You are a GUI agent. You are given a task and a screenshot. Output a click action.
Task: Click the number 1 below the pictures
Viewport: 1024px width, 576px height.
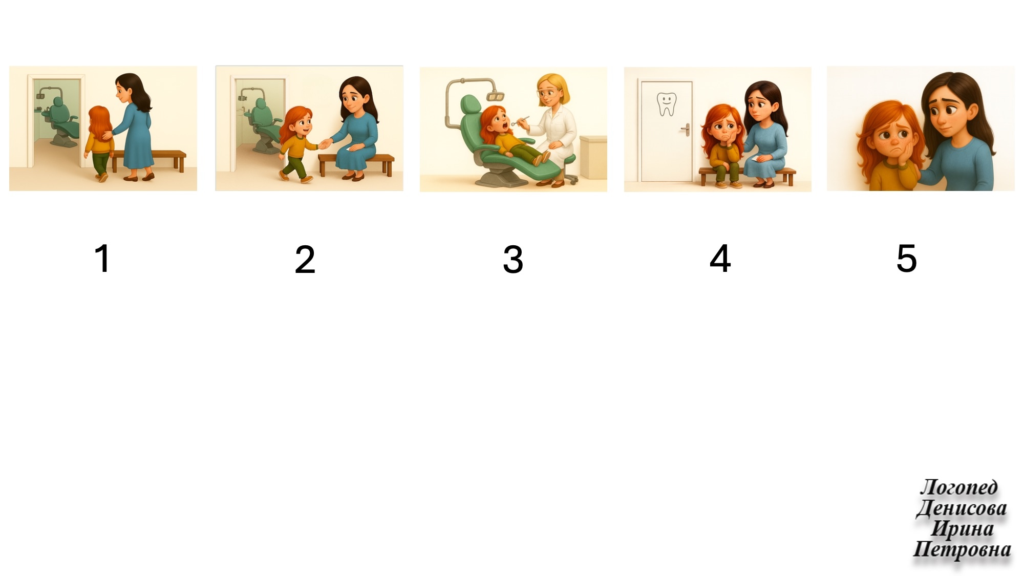click(103, 258)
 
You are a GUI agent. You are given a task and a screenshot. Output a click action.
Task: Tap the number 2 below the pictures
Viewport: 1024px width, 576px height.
click(305, 259)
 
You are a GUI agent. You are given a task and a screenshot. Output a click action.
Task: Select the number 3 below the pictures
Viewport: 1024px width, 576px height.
click(513, 259)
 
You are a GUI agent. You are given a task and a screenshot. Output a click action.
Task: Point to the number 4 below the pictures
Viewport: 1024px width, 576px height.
click(720, 259)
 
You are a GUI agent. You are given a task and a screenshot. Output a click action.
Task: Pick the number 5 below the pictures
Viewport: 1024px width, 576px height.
click(907, 258)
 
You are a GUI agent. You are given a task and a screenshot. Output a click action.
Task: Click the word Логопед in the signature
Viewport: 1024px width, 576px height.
click(959, 487)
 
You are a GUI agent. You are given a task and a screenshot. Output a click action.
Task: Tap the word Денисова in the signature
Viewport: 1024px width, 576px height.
click(962, 508)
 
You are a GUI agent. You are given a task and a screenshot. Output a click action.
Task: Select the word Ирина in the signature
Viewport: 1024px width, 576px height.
click(962, 528)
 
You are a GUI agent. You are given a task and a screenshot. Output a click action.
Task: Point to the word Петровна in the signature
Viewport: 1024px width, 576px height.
click(962, 549)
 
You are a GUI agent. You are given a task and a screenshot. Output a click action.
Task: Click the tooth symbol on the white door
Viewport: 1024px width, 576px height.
click(666, 104)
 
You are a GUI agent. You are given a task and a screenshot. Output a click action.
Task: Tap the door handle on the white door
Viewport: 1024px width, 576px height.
click(685, 129)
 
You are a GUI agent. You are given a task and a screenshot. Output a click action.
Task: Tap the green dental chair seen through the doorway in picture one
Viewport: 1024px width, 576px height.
click(60, 121)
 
